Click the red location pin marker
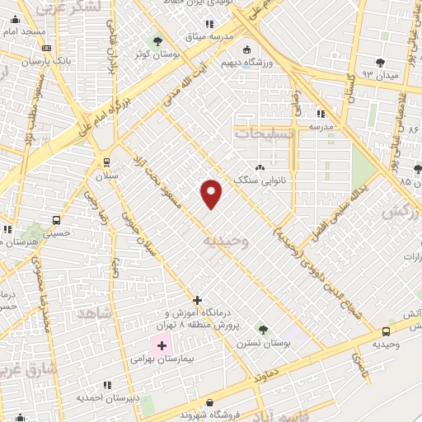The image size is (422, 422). (212, 194)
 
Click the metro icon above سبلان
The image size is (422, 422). (106, 162)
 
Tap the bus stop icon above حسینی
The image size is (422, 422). (56, 221)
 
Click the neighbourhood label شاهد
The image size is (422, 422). (92, 313)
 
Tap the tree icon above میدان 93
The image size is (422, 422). (380, 62)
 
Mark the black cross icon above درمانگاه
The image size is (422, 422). (196, 300)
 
